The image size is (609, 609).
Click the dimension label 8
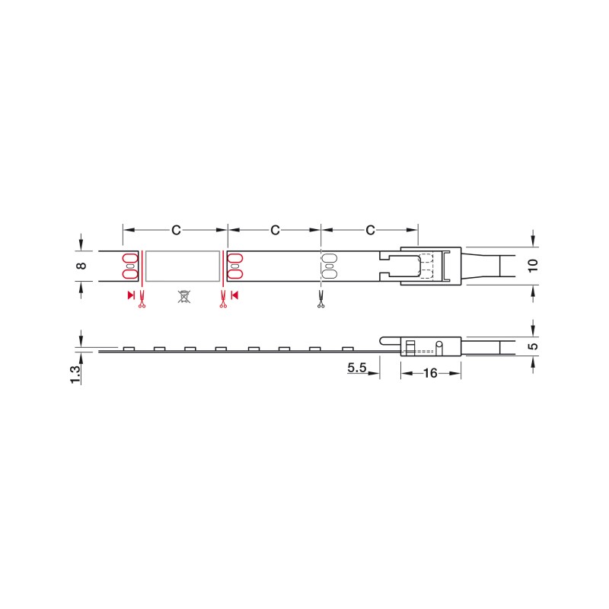click(81, 266)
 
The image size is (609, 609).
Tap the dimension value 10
click(533, 266)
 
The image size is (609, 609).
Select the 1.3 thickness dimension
click(75, 375)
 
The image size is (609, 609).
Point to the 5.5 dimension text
click(357, 368)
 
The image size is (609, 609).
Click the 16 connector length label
click(430, 373)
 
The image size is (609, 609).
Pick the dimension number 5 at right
click(534, 346)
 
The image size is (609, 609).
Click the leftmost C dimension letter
click(176, 230)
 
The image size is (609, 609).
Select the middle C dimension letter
click(275, 230)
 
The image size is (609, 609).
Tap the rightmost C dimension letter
click(370, 230)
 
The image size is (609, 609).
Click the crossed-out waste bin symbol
click(184, 296)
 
